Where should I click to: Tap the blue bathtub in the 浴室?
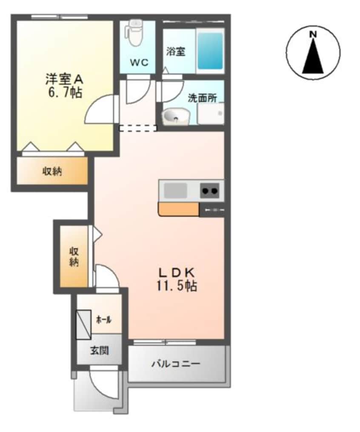coord(210,51)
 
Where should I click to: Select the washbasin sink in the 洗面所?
coord(176,116)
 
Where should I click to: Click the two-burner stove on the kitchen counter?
coord(210,191)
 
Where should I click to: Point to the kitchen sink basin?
coord(176,190)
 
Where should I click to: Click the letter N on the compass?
coord(313,34)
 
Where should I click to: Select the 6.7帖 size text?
coord(65,92)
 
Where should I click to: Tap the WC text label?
coord(139,63)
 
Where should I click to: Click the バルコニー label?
coord(176,364)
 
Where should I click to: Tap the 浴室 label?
coord(175,52)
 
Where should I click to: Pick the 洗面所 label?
coord(203,97)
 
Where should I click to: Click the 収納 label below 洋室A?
coord(52,172)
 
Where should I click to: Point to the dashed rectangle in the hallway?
coord(137,128)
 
